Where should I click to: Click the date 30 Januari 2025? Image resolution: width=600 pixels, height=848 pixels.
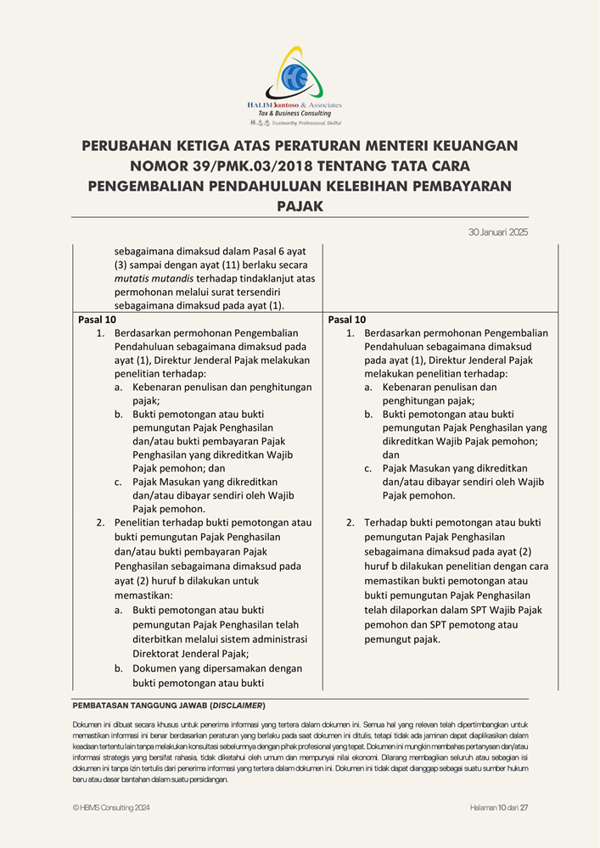point(498,232)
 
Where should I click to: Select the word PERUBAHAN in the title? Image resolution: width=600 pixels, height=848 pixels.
point(136,146)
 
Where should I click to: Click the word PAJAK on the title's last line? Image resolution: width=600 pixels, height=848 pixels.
point(300,205)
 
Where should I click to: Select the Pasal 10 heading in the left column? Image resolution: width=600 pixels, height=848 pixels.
point(97,320)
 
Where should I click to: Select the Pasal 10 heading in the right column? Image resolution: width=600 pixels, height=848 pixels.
point(347,320)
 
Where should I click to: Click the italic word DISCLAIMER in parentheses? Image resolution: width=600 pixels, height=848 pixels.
point(237,706)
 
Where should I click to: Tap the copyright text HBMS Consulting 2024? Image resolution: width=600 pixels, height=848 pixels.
point(115,807)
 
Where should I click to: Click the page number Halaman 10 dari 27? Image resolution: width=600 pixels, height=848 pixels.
point(499,807)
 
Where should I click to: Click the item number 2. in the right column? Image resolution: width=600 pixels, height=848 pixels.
point(350,523)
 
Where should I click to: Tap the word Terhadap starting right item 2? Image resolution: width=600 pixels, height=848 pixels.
point(388,523)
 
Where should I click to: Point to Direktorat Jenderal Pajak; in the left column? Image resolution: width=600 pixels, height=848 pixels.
point(190,654)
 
